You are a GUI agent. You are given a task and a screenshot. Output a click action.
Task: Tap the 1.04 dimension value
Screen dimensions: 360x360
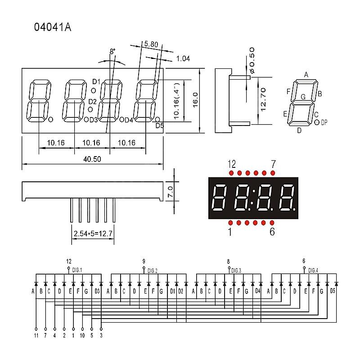(x=183, y=58)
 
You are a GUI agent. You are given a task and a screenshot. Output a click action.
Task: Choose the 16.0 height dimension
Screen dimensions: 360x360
(x=195, y=100)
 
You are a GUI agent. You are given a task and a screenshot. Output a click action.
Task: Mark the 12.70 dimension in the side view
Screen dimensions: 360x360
(x=264, y=99)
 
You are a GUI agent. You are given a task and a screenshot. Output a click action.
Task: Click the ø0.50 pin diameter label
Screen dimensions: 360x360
(x=252, y=60)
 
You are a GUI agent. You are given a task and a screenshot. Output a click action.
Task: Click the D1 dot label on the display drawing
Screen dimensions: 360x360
(x=95, y=81)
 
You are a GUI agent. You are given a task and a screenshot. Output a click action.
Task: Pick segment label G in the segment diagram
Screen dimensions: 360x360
(x=303, y=97)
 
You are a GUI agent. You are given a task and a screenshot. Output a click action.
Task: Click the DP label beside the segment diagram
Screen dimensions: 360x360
(x=324, y=122)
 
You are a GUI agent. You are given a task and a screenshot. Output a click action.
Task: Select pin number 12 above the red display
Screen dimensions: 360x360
(x=232, y=163)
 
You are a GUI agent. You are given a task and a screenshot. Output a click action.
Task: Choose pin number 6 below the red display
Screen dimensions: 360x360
(x=272, y=232)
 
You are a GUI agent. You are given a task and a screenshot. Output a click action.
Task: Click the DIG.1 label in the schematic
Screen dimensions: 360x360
(x=77, y=270)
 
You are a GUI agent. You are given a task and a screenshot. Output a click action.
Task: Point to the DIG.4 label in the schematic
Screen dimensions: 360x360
(x=313, y=270)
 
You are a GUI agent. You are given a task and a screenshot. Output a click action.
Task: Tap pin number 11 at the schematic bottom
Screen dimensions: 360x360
(x=36, y=335)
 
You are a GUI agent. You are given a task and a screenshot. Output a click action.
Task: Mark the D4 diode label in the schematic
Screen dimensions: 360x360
(x=257, y=291)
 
